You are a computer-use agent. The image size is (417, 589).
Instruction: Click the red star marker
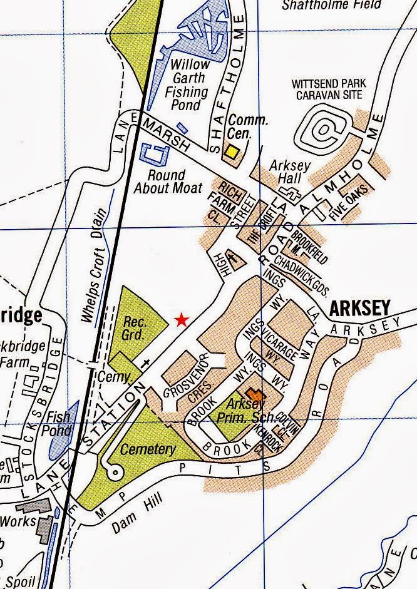[181, 320]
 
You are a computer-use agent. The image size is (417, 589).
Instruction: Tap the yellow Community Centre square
[232, 151]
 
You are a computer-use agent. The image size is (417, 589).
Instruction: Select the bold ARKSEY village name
[359, 308]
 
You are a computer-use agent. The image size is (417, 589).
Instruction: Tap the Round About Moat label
[167, 181]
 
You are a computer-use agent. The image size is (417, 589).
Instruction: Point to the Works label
[14, 520]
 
